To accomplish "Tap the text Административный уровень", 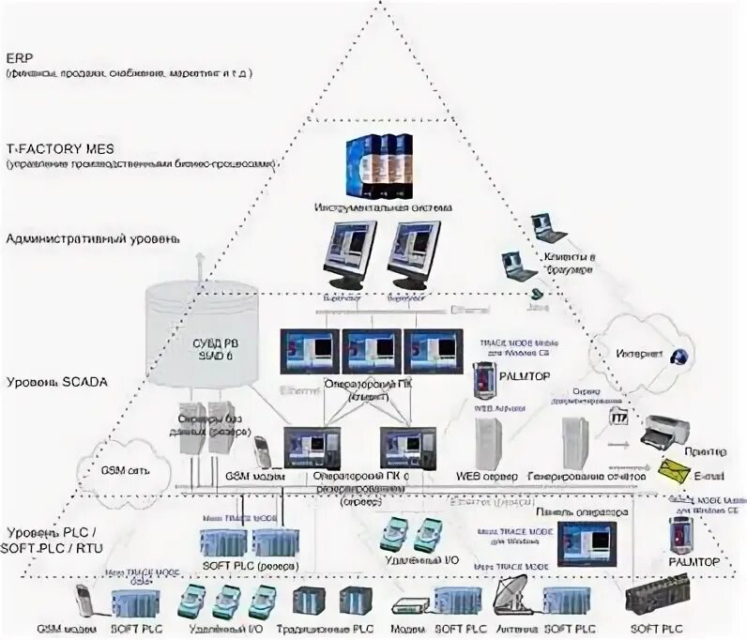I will pos(91,239).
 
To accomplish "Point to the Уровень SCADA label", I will pos(57,382).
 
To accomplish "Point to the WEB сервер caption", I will pos(487,477).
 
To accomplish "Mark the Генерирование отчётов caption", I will pos(587,477).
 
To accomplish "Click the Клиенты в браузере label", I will pos(569,263).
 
